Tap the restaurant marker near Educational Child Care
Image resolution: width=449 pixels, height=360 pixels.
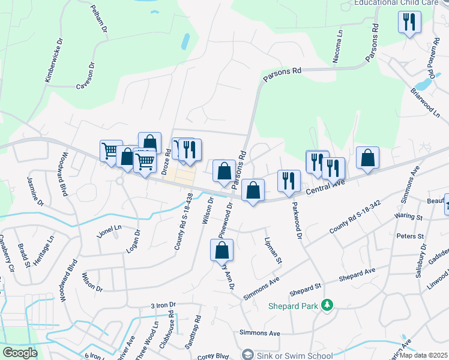click(409, 22)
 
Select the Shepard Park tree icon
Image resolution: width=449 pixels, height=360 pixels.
click(327, 305)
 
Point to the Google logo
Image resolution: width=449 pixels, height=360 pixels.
click(19, 353)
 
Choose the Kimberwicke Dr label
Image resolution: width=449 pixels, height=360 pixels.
click(54, 60)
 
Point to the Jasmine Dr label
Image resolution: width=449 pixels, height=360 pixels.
click(35, 191)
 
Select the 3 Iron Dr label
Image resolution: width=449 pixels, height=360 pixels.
click(163, 305)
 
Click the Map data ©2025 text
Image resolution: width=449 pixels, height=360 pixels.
click(424, 355)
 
